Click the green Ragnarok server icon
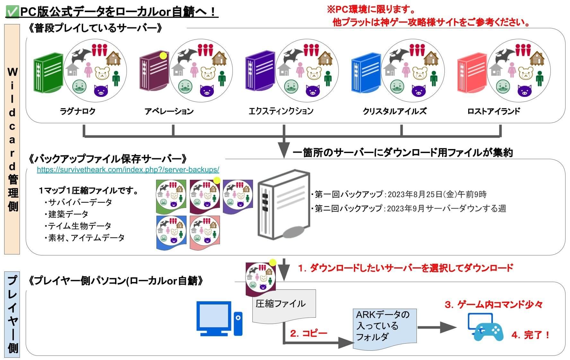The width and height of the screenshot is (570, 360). coord(48,76)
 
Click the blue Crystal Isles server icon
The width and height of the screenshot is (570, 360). coord(366,76)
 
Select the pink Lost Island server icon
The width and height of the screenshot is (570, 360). coord(471,76)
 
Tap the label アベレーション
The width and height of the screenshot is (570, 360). coord(169,111)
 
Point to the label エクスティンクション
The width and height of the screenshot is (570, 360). coord(281,111)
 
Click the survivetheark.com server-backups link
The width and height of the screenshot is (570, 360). coord(128,169)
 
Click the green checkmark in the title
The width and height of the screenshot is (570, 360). coord(12,12)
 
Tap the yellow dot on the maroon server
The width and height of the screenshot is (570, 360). coord(163,56)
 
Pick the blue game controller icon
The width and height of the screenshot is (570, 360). coord(485,328)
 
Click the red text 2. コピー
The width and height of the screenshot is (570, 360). coord(308,333)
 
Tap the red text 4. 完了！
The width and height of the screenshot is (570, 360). coord(530,335)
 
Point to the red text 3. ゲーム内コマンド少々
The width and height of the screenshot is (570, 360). coord(493,304)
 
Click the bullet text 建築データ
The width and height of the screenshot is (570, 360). coord(68,214)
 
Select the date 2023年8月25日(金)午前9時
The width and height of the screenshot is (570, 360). coord(437,194)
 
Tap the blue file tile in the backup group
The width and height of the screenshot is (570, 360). coord(171,232)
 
